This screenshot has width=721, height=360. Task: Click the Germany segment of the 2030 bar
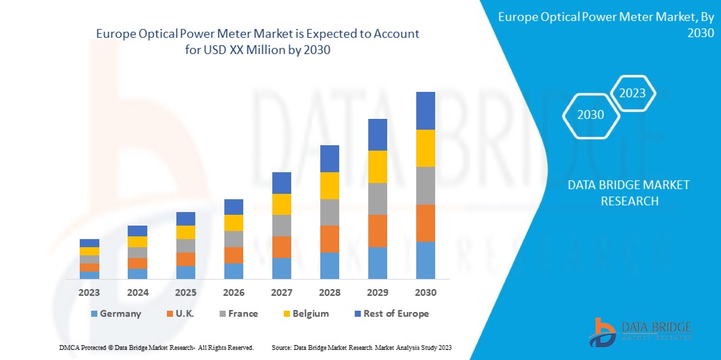(425, 260)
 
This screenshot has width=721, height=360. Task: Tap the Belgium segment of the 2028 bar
(329, 186)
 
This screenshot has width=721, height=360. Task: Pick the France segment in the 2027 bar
(281, 226)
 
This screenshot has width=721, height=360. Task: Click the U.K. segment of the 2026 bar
(233, 255)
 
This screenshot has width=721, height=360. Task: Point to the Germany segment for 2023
(89, 275)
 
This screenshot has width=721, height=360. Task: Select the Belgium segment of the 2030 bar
(425, 148)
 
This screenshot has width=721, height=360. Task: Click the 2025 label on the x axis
(185, 292)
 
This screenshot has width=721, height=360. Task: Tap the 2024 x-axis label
(137, 292)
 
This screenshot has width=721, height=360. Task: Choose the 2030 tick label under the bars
(425, 292)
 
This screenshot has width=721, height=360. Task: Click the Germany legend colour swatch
(93, 314)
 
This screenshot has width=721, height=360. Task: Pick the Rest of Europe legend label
(396, 313)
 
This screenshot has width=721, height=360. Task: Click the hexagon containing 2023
(632, 93)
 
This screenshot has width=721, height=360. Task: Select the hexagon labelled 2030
(591, 115)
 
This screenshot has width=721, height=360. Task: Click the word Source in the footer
(280, 347)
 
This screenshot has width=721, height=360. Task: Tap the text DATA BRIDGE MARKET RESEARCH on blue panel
(628, 193)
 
